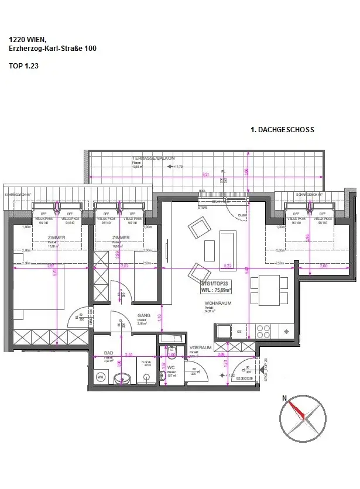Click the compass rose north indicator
tap(285, 398)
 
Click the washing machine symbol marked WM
tap(100, 378)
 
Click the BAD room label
tap(108, 353)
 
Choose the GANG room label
tap(144, 315)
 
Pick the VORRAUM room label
tap(200, 347)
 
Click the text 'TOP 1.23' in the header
tap(24, 66)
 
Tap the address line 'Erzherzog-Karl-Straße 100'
tap(53, 49)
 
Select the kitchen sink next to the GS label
tap(224, 331)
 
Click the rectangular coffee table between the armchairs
tap(209, 250)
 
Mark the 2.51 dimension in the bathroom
tap(129, 354)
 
